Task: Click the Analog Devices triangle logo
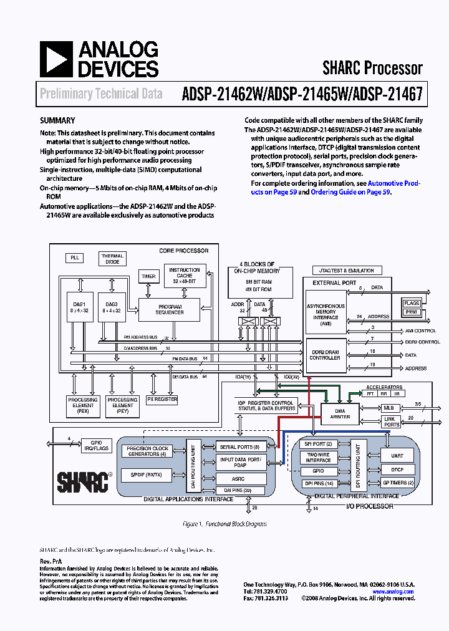point(55,59)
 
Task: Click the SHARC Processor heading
point(372,67)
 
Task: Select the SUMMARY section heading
point(57,120)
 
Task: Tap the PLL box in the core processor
point(74,258)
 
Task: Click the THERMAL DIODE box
point(112,259)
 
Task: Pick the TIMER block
point(148,276)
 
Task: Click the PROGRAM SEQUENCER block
point(170,309)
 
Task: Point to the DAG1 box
point(79,307)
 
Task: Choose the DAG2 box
point(112,307)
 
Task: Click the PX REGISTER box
point(162,399)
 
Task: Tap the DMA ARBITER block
point(339,413)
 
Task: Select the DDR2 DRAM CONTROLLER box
point(324,355)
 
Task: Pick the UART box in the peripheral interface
point(398,455)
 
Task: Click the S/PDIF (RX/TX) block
point(146,475)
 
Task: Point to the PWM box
point(412,311)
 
